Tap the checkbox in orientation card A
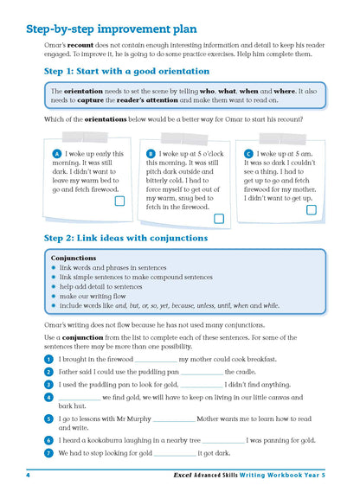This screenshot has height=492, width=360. click(119, 201)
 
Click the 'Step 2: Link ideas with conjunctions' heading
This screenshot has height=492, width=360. click(125, 237)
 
